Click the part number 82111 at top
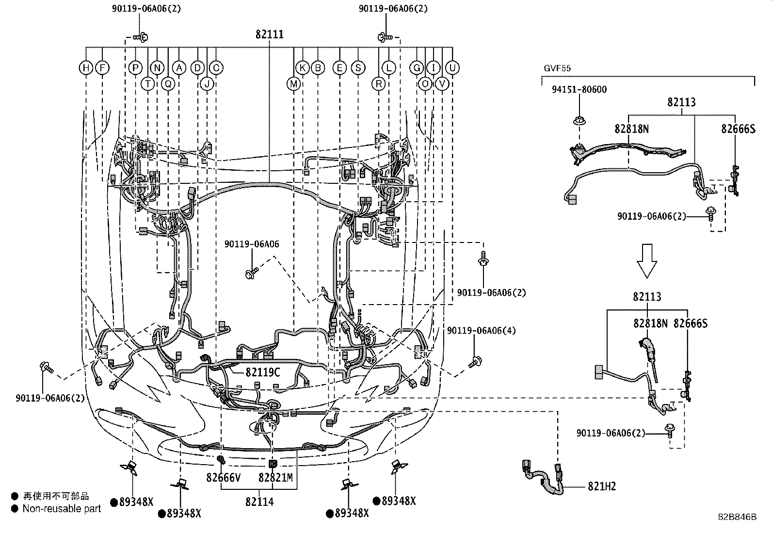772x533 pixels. (270, 35)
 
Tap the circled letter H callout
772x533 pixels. (86, 68)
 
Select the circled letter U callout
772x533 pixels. (452, 68)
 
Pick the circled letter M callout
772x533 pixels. (293, 84)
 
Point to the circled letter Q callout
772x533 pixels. (168, 84)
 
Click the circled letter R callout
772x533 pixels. (379, 84)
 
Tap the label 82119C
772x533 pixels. (262, 372)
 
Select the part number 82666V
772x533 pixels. (224, 478)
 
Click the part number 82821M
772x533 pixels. (275, 478)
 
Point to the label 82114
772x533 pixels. (259, 501)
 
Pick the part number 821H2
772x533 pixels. (602, 486)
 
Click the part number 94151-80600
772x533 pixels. (579, 90)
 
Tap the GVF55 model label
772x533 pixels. (557, 68)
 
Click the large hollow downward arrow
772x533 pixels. (646, 261)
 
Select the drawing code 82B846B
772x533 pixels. (738, 517)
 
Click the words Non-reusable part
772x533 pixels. (62, 509)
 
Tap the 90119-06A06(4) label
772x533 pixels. (481, 331)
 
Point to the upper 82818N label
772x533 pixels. (632, 129)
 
